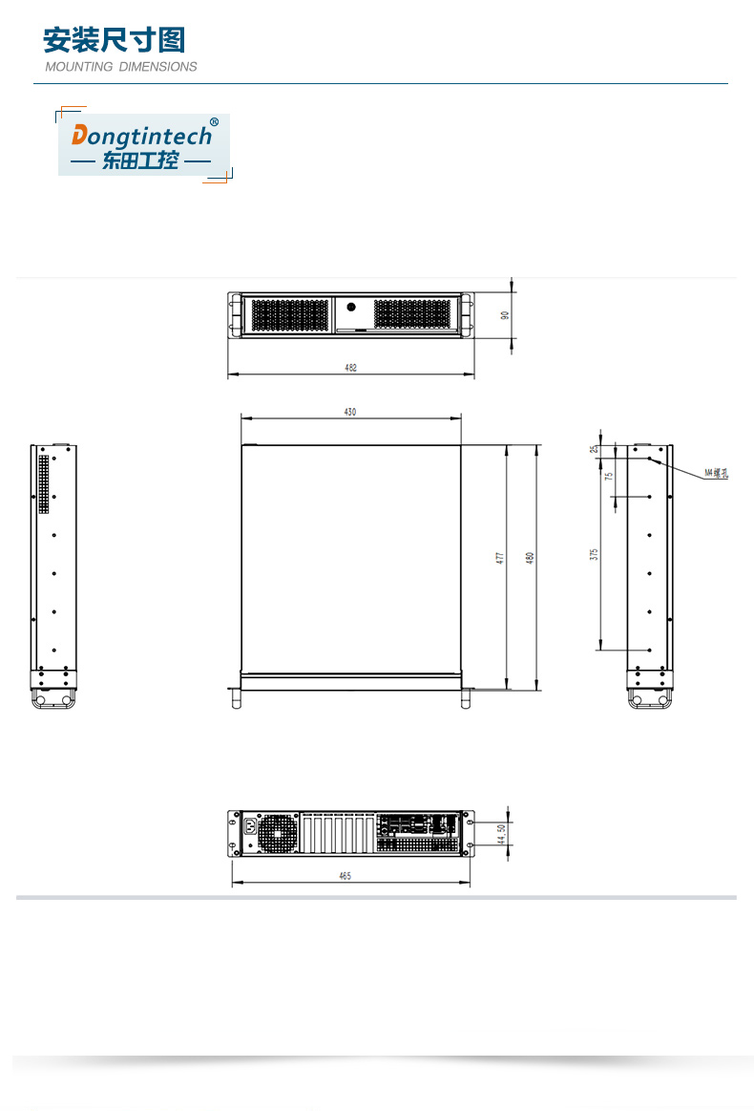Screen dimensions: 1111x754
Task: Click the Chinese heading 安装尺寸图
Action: [114, 40]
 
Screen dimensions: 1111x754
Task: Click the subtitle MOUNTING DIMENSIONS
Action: [121, 67]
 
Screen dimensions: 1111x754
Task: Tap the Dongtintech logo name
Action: [142, 135]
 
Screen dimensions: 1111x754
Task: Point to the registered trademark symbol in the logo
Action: [214, 122]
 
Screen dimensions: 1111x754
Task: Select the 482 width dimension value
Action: [350, 368]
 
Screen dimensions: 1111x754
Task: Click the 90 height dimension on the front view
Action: [506, 314]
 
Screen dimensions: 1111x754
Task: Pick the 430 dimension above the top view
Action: [350, 412]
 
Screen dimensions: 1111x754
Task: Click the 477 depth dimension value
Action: [499, 558]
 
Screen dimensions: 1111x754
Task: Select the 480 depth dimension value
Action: [531, 558]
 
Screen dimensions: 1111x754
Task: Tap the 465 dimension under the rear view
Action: [345, 876]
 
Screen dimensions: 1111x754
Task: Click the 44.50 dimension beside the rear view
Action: [501, 834]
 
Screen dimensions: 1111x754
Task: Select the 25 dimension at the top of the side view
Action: [593, 449]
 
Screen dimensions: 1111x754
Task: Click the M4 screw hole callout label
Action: [716, 472]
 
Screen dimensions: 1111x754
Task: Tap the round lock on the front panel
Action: [351, 308]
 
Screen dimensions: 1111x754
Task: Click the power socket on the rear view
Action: [251, 827]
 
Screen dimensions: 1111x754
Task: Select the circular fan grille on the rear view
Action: [278, 833]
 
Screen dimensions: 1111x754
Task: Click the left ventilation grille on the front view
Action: [290, 314]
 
